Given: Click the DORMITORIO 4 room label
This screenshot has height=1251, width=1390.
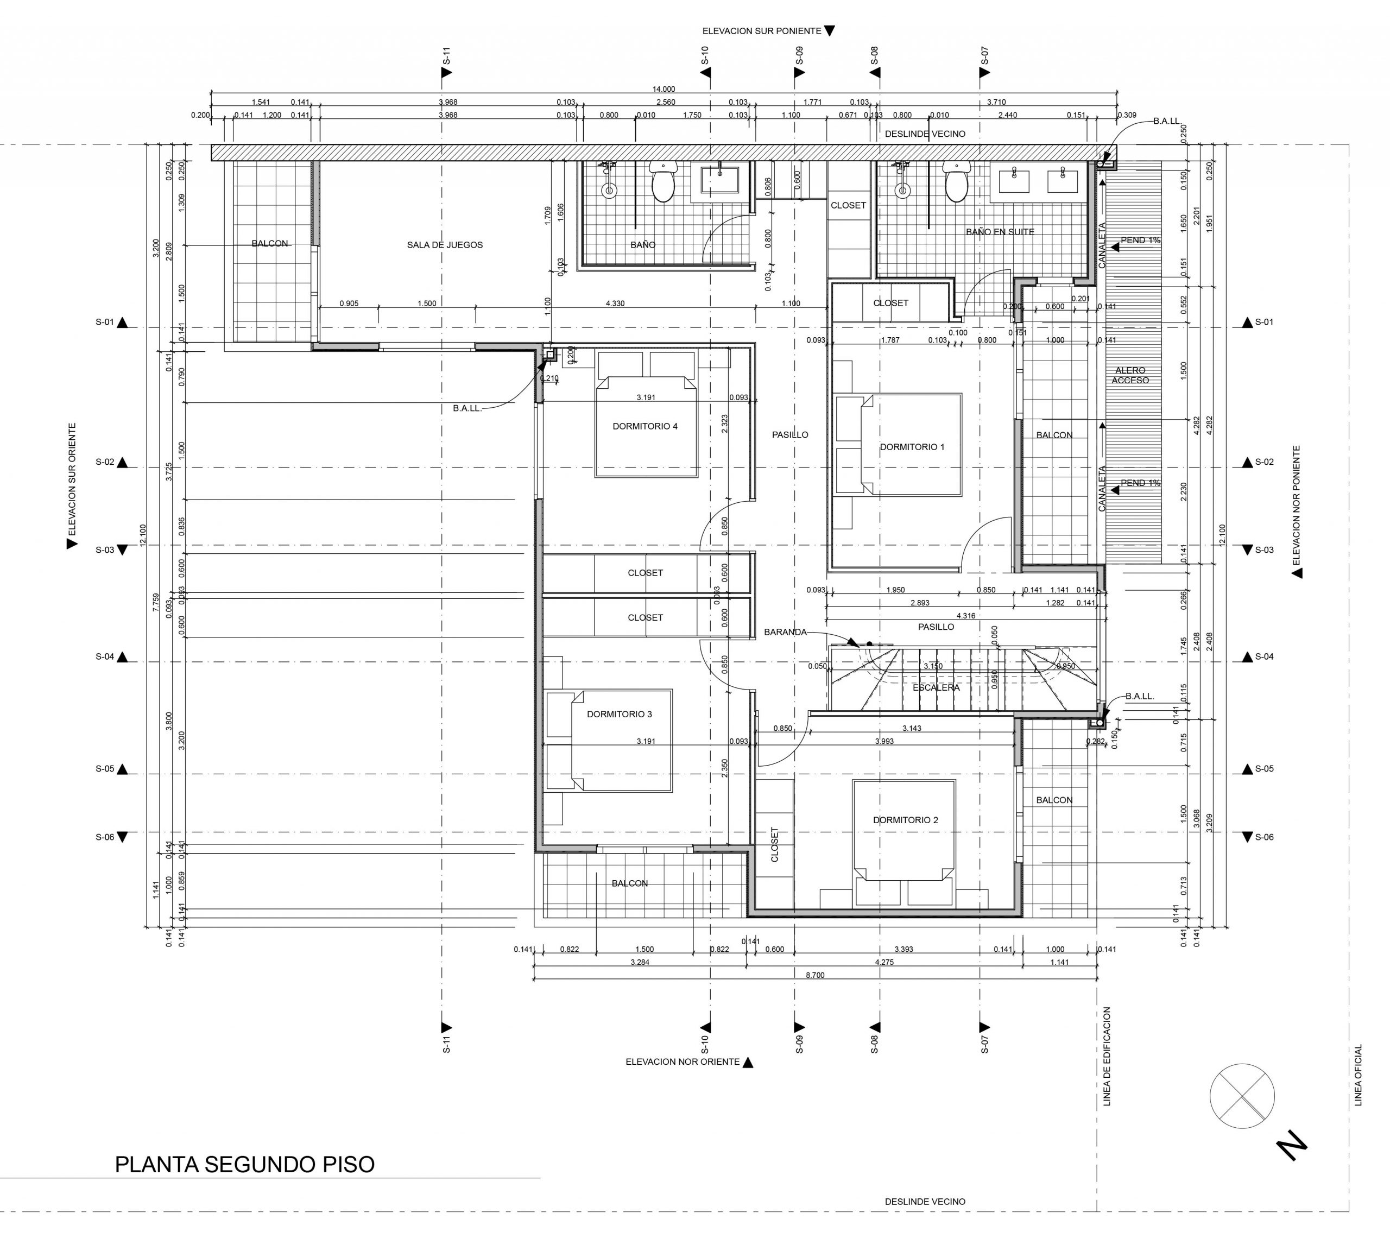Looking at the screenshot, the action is pyautogui.click(x=645, y=426).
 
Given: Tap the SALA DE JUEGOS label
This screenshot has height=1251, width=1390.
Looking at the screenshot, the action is pyautogui.click(x=445, y=245).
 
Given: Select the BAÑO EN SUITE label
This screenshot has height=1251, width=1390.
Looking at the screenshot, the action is pyautogui.click(x=1000, y=232).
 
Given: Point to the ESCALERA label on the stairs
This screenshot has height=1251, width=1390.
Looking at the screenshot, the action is pyautogui.click(x=936, y=687).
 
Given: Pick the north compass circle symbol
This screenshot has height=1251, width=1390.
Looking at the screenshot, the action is pyautogui.click(x=1242, y=1096).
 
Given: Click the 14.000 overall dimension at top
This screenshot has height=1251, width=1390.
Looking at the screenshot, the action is pyautogui.click(x=664, y=89).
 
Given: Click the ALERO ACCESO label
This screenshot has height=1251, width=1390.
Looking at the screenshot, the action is pyautogui.click(x=1130, y=375).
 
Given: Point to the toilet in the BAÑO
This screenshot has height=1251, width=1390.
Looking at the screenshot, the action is pyautogui.click(x=662, y=181).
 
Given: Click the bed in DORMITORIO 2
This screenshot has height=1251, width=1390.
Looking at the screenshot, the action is pyautogui.click(x=904, y=830).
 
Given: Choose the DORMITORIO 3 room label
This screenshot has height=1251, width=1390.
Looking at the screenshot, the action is pyautogui.click(x=620, y=714).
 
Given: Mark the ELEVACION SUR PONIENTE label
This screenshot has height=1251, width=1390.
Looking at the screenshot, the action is pyautogui.click(x=762, y=31).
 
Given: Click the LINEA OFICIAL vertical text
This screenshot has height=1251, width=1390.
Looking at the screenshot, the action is pyautogui.click(x=1357, y=1076).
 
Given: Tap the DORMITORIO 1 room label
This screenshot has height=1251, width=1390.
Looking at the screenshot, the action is pyautogui.click(x=912, y=447).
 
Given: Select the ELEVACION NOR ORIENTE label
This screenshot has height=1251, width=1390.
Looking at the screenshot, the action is pyautogui.click(x=683, y=1062).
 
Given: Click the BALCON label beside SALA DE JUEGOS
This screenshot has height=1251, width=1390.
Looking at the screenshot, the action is pyautogui.click(x=270, y=243).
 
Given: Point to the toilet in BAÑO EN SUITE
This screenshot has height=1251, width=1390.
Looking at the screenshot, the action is pyautogui.click(x=956, y=181).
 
